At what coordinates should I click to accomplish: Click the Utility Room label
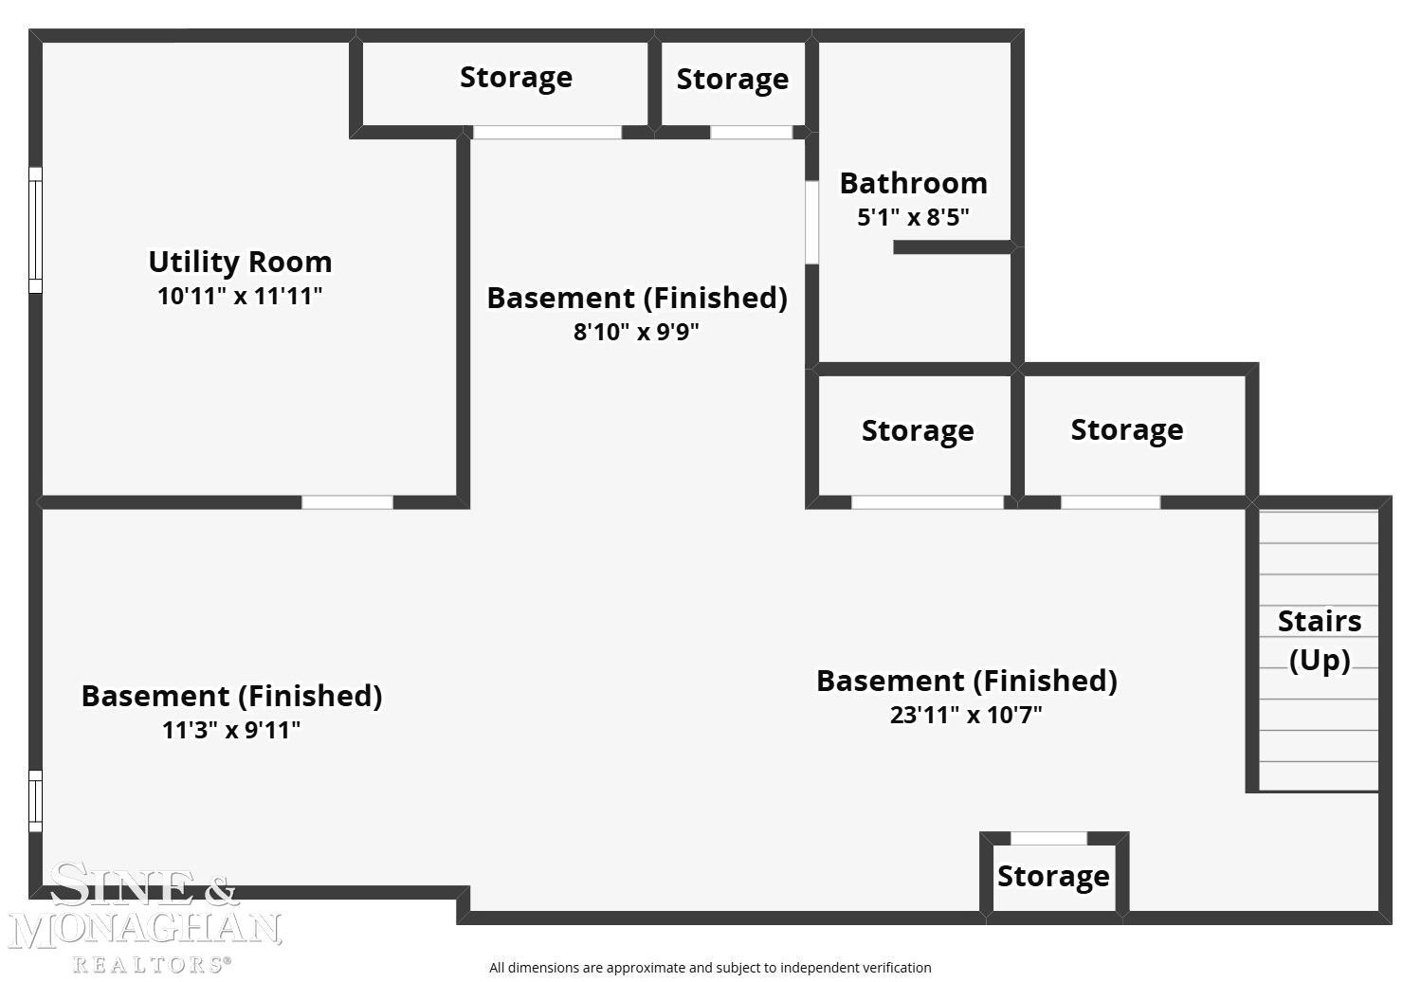(240, 262)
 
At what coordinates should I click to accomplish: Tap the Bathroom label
(914, 184)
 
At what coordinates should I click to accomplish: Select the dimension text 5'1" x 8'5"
(913, 218)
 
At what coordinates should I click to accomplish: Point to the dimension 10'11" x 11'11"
(240, 297)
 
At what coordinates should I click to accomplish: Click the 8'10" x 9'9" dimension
(636, 332)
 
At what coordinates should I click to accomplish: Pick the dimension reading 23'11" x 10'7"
(966, 715)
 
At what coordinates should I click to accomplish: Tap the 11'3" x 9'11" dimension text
(231, 730)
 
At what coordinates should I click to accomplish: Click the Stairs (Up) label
(1320, 641)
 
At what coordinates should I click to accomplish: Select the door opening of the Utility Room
(347, 502)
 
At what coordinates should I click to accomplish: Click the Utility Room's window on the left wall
(35, 230)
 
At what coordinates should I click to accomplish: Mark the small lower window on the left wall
(35, 801)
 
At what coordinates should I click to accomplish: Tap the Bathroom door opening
(812, 222)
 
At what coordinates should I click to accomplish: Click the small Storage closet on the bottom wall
(1054, 878)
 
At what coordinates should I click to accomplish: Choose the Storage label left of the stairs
(1127, 430)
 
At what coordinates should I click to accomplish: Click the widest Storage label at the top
(516, 78)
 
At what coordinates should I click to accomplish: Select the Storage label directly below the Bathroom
(918, 431)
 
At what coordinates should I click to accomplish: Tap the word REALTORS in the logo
(152, 965)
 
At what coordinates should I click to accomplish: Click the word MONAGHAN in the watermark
(145, 931)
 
